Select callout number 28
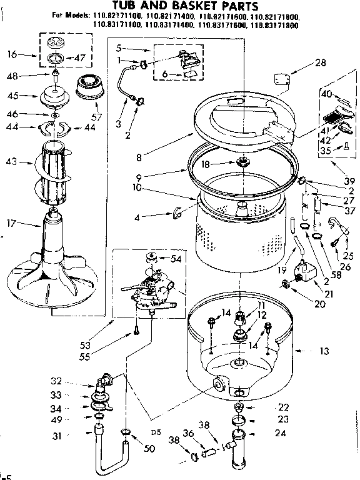(321, 62)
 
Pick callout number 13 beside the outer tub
(324, 351)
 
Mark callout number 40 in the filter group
(326, 94)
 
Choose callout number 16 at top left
(11, 55)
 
